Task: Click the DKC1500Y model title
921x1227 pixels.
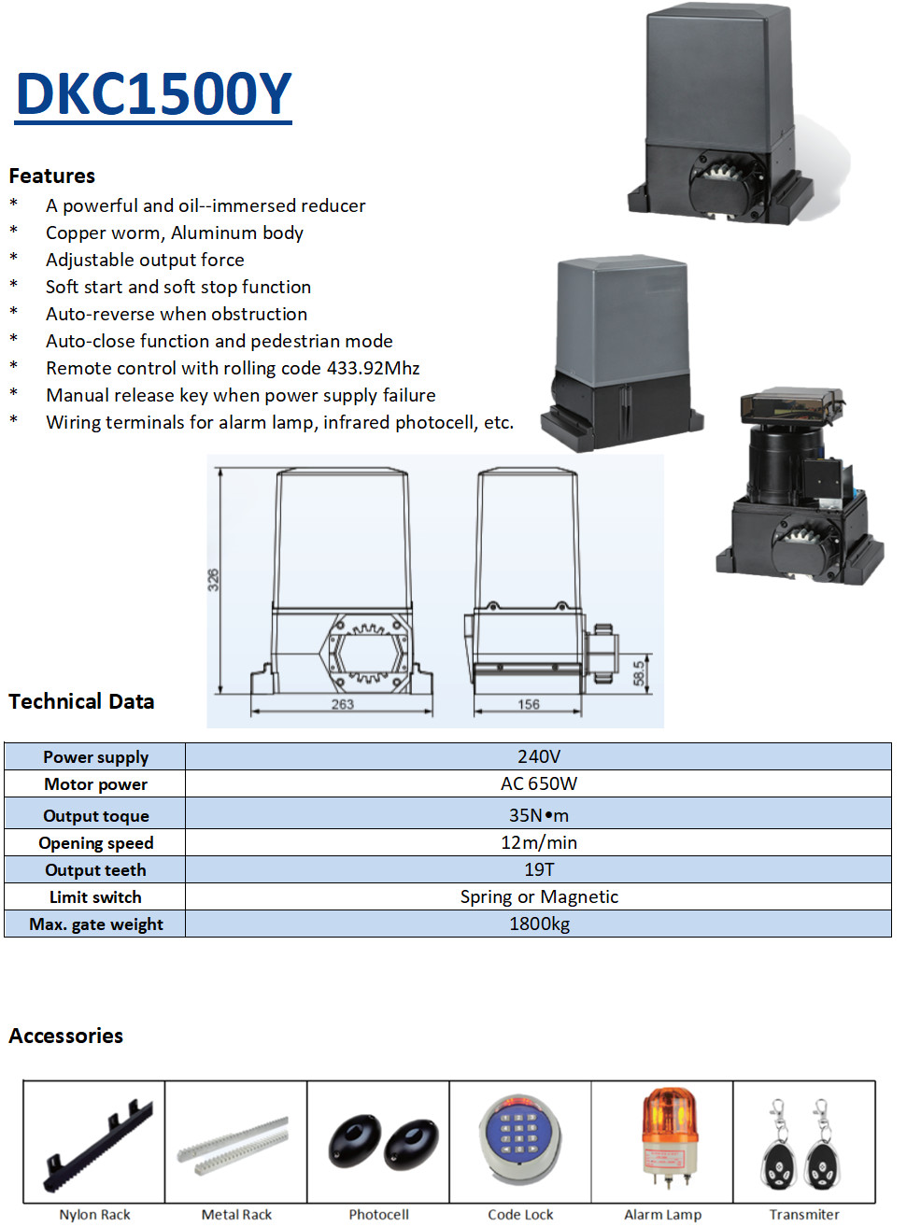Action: tap(154, 94)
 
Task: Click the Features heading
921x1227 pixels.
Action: tap(52, 176)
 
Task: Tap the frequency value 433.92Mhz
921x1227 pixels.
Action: tap(373, 368)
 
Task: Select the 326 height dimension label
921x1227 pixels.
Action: tap(213, 579)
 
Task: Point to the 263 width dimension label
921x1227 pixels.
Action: tap(342, 704)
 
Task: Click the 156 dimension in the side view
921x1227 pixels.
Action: tap(529, 704)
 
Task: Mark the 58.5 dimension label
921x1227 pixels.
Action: tap(639, 672)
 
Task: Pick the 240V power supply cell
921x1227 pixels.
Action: tap(539, 756)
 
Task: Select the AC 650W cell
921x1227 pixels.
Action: tap(539, 783)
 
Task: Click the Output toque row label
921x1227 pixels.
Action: tap(96, 815)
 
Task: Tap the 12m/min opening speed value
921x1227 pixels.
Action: tap(539, 842)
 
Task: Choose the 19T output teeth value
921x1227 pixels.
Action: tap(539, 869)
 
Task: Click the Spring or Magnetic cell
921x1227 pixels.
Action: tap(539, 896)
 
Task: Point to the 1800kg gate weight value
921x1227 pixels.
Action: tap(539, 924)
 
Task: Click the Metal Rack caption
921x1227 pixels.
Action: tap(236, 1214)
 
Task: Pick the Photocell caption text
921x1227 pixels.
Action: tap(378, 1214)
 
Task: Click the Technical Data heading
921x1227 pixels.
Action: tap(81, 701)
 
